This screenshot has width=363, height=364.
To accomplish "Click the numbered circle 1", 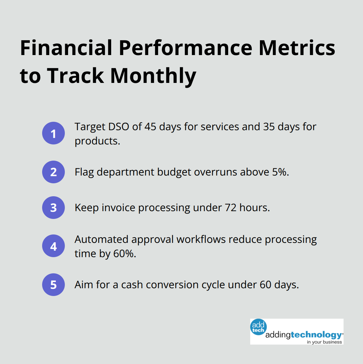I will [x=53, y=133].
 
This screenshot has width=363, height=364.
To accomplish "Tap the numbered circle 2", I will [x=53, y=172].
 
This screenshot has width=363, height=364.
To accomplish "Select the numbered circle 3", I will [x=53, y=208].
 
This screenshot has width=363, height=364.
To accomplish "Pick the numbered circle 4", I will [x=53, y=246].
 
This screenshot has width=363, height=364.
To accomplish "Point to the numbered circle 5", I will [x=53, y=285].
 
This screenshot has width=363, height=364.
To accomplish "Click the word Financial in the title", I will [x=66, y=48].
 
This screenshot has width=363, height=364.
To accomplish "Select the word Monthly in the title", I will [x=153, y=76].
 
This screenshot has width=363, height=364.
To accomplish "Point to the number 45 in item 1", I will [x=150, y=127].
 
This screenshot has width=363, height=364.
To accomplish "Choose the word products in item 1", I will [x=97, y=141].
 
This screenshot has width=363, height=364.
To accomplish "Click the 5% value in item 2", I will [x=280, y=172].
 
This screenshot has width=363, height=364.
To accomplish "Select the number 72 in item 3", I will [x=231, y=208].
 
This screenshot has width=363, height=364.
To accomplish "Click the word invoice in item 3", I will [x=119, y=208].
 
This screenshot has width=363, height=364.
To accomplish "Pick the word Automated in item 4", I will [x=101, y=239].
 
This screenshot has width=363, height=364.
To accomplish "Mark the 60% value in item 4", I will [x=124, y=254].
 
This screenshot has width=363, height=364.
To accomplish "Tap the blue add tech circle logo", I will [x=258, y=327].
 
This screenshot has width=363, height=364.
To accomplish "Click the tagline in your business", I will [x=324, y=342].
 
